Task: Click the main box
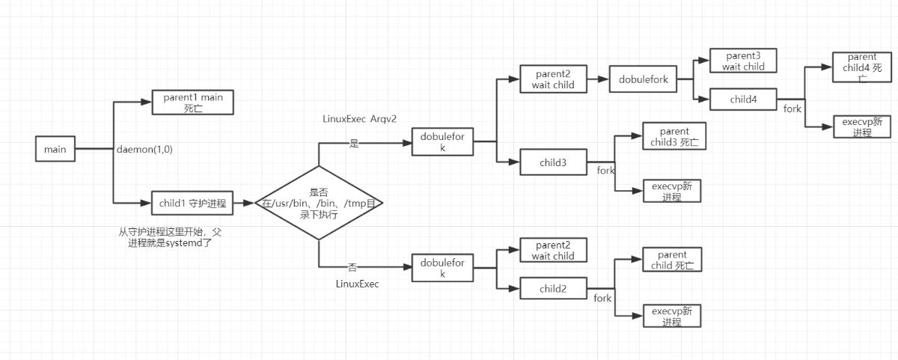[x=55, y=149]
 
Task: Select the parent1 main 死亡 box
[x=193, y=102]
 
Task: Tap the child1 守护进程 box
[x=192, y=202]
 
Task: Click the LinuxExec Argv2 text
[x=358, y=119]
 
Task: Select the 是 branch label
[x=354, y=144]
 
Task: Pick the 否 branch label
[x=352, y=266]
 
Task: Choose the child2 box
[x=552, y=288]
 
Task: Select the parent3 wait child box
[x=743, y=61]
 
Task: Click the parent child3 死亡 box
[x=673, y=137]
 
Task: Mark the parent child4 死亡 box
[x=862, y=67]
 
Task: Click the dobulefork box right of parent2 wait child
[x=644, y=79]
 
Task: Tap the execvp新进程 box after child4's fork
[x=862, y=126]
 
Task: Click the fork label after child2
[x=602, y=298]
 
